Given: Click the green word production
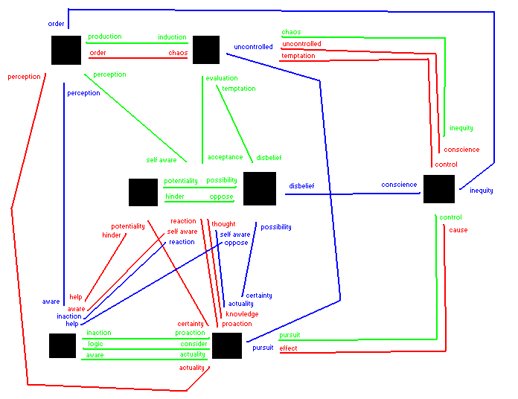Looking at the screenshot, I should click(104, 36).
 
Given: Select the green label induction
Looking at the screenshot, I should click(172, 37).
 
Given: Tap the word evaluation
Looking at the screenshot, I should click(222, 77).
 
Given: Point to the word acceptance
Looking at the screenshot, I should click(225, 157).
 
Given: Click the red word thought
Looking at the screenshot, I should click(223, 223).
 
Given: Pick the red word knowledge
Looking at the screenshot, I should click(242, 314).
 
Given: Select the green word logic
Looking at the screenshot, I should click(95, 344).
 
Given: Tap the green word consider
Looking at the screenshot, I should click(194, 344).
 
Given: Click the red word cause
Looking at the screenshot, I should click(458, 230).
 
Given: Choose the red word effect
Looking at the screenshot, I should click(289, 348).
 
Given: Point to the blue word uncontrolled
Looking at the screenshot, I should click(253, 47).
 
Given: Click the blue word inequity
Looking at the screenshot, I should click(481, 191).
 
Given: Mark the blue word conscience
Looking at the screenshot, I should click(399, 185).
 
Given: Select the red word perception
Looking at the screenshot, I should click(23, 77).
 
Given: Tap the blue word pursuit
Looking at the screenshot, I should click(263, 348).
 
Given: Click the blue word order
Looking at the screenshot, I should click(56, 24).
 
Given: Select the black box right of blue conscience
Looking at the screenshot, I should click(438, 188).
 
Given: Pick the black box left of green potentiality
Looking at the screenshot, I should click(143, 192).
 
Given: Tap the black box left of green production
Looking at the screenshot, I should click(66, 50).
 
